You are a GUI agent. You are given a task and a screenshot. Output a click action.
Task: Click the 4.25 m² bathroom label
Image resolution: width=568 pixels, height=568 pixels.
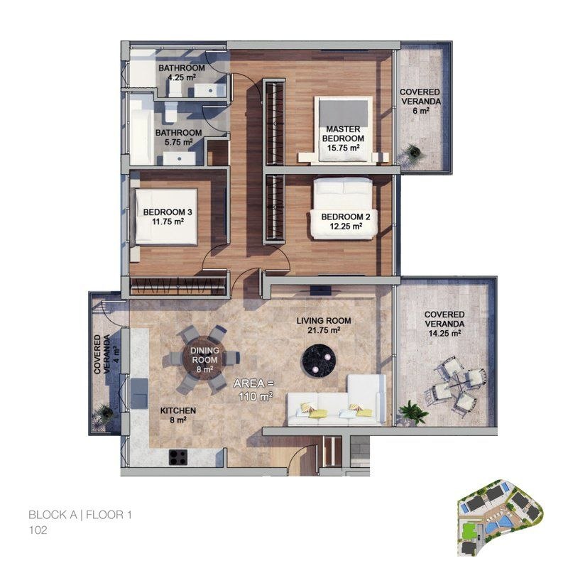(x=181, y=73)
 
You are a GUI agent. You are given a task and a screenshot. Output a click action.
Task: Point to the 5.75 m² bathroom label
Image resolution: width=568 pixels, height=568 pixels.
(x=178, y=137)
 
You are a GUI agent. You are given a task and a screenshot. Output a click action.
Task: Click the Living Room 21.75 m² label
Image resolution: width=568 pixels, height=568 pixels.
(x=323, y=325)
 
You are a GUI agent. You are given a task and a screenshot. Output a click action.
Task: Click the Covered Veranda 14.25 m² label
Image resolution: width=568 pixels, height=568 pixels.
(x=444, y=323)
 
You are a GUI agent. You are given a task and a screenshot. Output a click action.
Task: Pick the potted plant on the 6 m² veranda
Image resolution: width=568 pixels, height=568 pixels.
(x=412, y=151)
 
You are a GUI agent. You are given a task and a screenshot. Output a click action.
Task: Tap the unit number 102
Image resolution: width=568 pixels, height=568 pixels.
(x=38, y=530)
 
